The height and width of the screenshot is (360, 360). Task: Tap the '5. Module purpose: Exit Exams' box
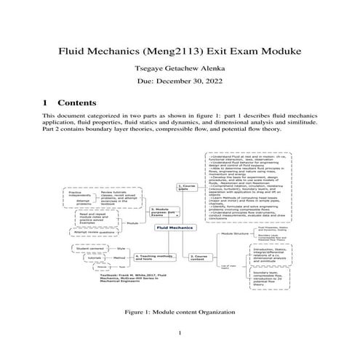click(160, 211)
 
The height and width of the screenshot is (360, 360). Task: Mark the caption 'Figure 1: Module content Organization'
click(179, 311)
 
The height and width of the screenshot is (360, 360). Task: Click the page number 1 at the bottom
click(180, 334)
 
